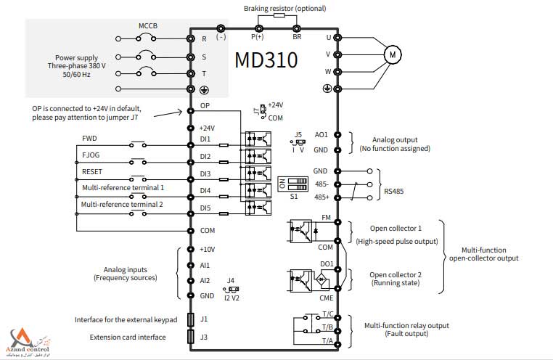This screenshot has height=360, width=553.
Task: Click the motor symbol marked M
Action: click(392, 53)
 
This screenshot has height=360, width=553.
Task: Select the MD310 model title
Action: click(266, 60)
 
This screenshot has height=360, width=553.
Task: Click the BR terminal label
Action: click(297, 36)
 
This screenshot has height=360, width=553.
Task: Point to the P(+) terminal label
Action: click(258, 36)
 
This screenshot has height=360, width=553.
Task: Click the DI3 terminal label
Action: click(205, 174)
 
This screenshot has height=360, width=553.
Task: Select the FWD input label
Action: click(89, 138)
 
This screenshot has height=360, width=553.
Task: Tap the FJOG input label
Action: click(91, 155)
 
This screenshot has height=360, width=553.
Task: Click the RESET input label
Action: click(92, 172)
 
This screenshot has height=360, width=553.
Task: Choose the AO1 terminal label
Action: click(321, 135)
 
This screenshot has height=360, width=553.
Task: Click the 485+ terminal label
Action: click(321, 197)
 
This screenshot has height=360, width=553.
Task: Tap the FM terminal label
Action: click(326, 217)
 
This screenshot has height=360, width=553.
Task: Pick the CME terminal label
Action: click(326, 298)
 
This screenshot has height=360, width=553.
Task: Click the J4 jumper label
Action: click(230, 280)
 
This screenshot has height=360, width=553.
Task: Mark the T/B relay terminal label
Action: click(327, 327)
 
